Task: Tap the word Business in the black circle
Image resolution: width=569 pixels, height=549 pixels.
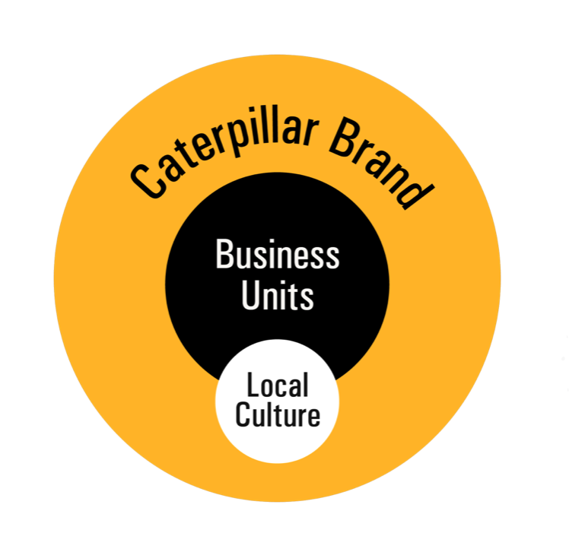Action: pos(277,255)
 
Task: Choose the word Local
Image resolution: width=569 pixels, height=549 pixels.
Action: pos(278,386)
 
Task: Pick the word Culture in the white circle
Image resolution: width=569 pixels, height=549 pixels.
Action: pos(278,415)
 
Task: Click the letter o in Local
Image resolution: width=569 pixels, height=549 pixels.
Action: pos(268,388)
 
